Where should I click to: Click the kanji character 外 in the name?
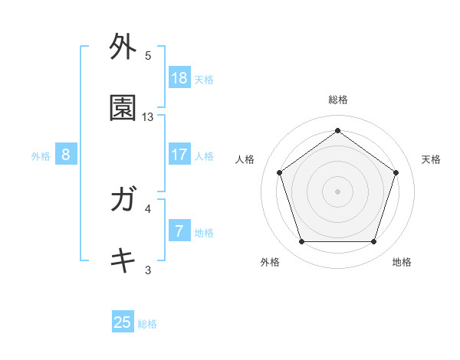[x=123, y=47]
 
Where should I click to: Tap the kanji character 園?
[x=123, y=108]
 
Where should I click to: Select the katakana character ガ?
[x=123, y=201]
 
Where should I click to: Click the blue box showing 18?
[x=179, y=78]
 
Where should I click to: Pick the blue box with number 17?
[x=179, y=155]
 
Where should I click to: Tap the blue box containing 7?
[x=179, y=231]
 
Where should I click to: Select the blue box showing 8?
[x=66, y=155]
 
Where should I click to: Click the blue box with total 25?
[x=123, y=322]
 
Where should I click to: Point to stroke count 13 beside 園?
[x=148, y=116]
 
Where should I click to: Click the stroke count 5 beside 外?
[x=148, y=56]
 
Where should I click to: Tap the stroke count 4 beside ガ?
[x=148, y=208]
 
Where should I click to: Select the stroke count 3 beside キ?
[x=148, y=269]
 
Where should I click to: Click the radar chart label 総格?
[x=337, y=100]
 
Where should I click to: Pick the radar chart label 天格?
[x=431, y=159]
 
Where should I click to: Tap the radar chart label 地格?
[x=402, y=262]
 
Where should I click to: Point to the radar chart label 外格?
[x=270, y=262]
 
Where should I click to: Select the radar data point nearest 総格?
[x=337, y=130]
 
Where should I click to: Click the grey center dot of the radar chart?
[x=337, y=191]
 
